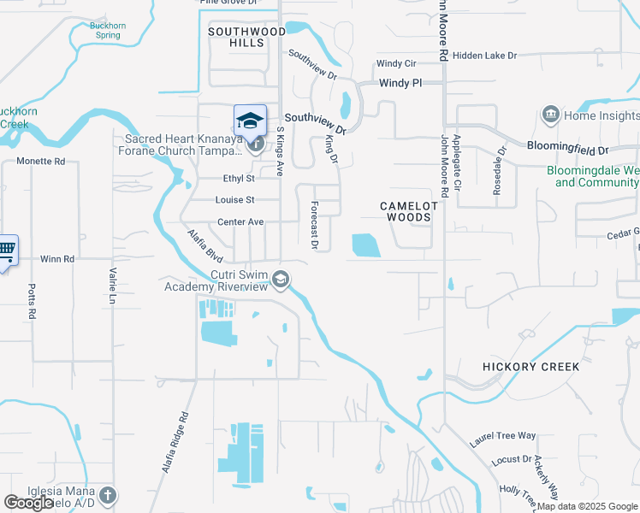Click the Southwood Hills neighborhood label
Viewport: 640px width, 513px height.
click(x=246, y=37)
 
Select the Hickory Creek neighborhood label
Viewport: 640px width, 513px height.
click(x=530, y=367)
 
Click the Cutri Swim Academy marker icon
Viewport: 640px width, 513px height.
click(x=281, y=280)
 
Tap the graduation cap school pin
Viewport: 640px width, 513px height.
click(x=250, y=121)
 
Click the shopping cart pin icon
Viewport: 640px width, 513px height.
click(x=7, y=250)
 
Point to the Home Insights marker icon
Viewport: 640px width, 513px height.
click(x=550, y=115)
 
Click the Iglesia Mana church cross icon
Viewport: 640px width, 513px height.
click(x=107, y=495)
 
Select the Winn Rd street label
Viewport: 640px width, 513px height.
click(x=57, y=258)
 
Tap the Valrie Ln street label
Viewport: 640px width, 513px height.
click(x=112, y=286)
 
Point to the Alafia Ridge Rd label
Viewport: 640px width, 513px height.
click(x=175, y=445)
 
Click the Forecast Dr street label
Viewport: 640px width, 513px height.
click(x=315, y=226)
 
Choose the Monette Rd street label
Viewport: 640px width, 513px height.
click(x=41, y=161)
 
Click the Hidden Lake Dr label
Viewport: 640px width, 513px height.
click(x=486, y=56)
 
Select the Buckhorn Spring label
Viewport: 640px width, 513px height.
click(x=108, y=31)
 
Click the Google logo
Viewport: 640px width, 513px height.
click(x=28, y=503)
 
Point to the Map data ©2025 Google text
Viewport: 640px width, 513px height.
click(x=588, y=506)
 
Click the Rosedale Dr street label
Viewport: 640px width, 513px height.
click(x=497, y=169)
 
